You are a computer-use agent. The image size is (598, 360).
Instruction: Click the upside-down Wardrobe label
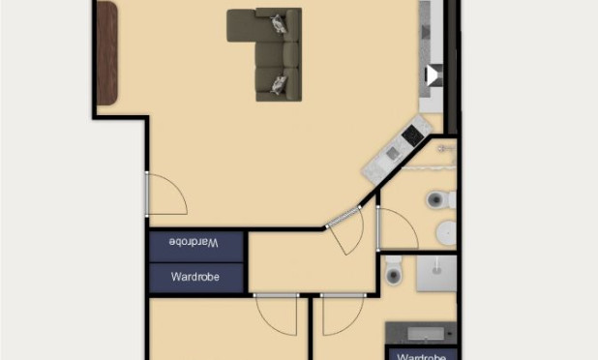click(196, 241)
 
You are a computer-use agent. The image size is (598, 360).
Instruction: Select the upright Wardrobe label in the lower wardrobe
click(196, 277)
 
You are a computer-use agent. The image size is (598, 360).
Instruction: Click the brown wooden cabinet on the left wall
click(105, 53)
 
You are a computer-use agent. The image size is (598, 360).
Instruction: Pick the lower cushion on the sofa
click(279, 84)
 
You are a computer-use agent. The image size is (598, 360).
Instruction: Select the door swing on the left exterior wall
click(164, 194)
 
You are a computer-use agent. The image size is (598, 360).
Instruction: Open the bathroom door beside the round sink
click(394, 228)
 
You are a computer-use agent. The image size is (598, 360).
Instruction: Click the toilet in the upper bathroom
click(436, 200)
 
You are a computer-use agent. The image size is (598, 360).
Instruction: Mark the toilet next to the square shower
click(393, 272)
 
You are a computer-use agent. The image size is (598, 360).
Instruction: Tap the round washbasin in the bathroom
click(446, 231)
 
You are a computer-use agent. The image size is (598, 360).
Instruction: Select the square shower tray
click(436, 273)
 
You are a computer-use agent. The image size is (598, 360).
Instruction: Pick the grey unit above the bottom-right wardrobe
click(420, 333)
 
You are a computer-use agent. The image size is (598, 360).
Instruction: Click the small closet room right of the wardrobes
click(312, 261)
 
